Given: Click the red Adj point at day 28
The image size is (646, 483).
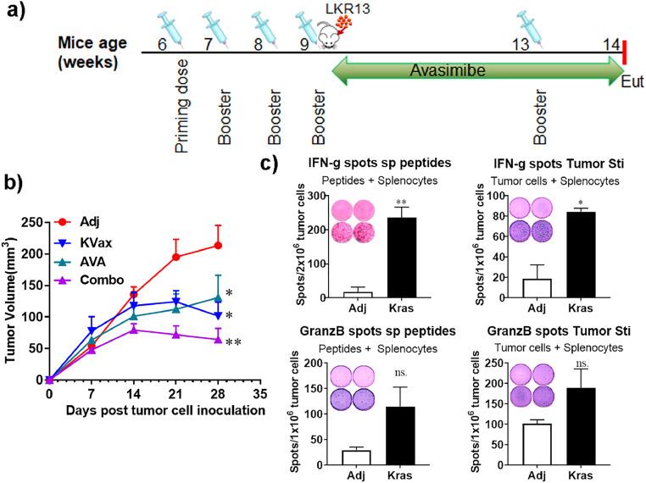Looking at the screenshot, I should (219, 246).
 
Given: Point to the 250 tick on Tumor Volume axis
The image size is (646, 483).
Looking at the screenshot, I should (31, 222).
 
